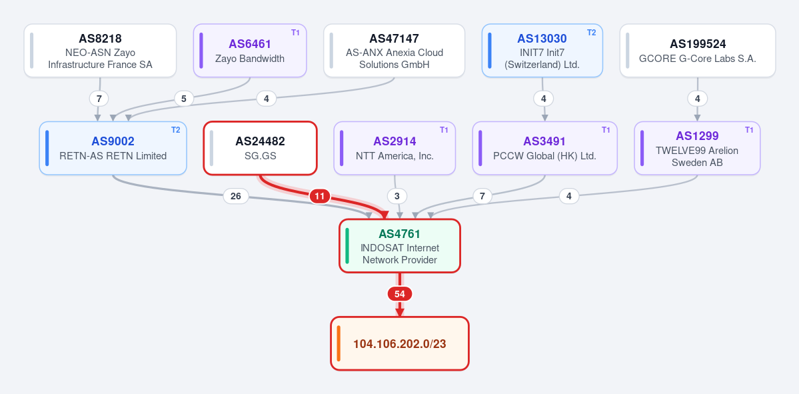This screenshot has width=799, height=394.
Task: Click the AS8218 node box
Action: [101, 51]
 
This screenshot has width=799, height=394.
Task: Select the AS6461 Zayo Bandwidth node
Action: [250, 51]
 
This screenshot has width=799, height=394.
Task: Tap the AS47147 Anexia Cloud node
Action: [395, 51]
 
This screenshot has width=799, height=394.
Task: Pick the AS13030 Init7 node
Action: [542, 51]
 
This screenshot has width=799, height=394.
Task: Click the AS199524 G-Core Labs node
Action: [698, 51]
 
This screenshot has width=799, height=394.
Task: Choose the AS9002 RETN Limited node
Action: [113, 148]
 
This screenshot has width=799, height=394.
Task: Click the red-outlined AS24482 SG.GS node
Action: [261, 148]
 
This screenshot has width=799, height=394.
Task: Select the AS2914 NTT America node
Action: [395, 148]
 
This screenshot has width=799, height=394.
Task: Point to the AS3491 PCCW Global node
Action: [544, 148]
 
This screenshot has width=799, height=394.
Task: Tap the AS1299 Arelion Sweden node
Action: [697, 148]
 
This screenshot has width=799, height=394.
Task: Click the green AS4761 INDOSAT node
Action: [400, 246]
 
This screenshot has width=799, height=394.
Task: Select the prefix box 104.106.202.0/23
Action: [400, 343]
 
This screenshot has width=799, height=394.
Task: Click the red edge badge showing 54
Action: [400, 294]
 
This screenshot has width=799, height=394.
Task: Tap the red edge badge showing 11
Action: [320, 196]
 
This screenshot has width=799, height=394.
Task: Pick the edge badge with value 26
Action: [236, 196]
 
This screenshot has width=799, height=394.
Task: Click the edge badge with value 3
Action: [397, 196]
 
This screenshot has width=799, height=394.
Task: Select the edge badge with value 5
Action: [184, 99]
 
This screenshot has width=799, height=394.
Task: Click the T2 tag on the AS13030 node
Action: [591, 33]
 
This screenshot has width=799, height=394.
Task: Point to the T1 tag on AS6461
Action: [295, 33]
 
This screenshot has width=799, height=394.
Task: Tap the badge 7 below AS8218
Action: [99, 99]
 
